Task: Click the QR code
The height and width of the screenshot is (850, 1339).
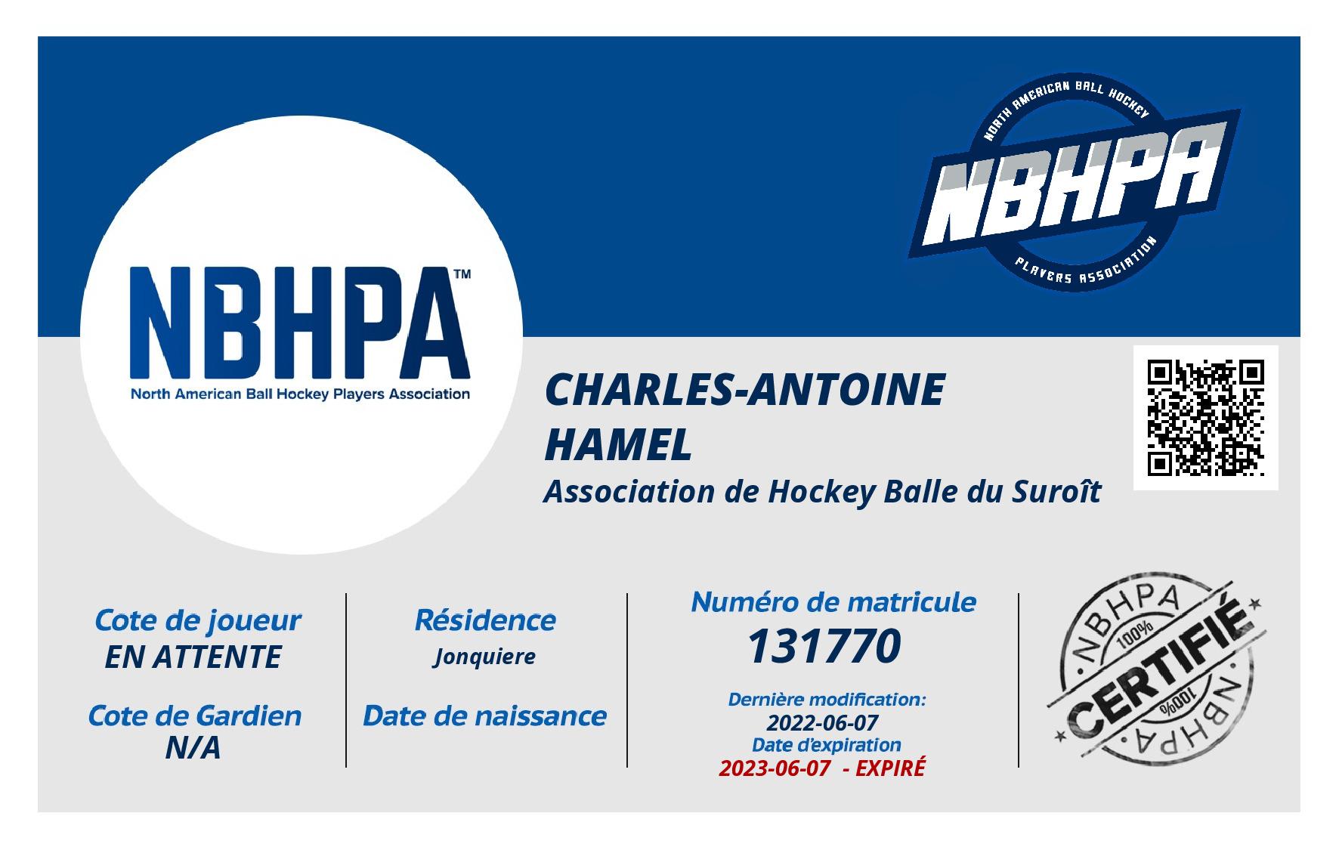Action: click(x=1205, y=418)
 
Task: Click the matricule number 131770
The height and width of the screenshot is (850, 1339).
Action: click(x=824, y=647)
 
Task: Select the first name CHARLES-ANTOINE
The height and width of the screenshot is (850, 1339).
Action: click(x=744, y=390)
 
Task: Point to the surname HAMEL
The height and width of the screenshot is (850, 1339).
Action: click(x=618, y=444)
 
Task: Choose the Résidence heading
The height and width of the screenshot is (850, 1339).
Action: click(x=485, y=620)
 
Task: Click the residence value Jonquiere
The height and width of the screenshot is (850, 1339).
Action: click(x=484, y=657)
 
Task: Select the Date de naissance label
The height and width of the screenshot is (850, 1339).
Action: click(x=485, y=716)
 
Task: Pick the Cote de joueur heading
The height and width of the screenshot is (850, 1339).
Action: click(x=197, y=620)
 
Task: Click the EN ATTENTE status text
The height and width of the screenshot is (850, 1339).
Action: click(x=193, y=657)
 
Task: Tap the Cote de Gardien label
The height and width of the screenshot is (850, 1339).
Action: click(x=195, y=716)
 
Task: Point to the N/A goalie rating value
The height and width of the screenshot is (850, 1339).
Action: click(x=193, y=748)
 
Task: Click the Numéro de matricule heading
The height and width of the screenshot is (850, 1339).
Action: click(x=833, y=601)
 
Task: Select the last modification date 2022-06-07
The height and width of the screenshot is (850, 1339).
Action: click(x=822, y=722)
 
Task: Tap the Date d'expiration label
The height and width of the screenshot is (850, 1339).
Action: click(x=826, y=745)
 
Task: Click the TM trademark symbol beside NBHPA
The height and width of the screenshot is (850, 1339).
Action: click(x=461, y=275)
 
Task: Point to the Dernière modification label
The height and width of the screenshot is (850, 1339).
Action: click(x=826, y=700)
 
